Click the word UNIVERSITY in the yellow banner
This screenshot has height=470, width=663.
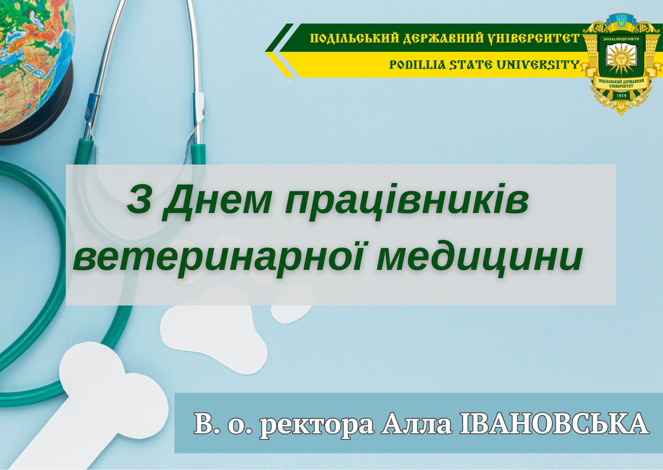[538, 65]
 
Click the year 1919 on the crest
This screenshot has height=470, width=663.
[622, 96]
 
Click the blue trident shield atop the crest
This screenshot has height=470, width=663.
[621, 21]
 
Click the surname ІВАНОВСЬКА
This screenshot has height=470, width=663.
[554, 424]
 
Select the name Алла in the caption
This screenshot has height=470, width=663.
[417, 424]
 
